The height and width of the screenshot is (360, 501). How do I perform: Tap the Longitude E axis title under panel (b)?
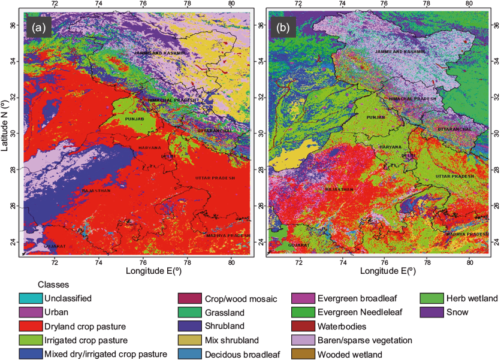[x=385, y=271]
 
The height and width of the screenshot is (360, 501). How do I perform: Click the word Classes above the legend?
[x=51, y=285]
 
